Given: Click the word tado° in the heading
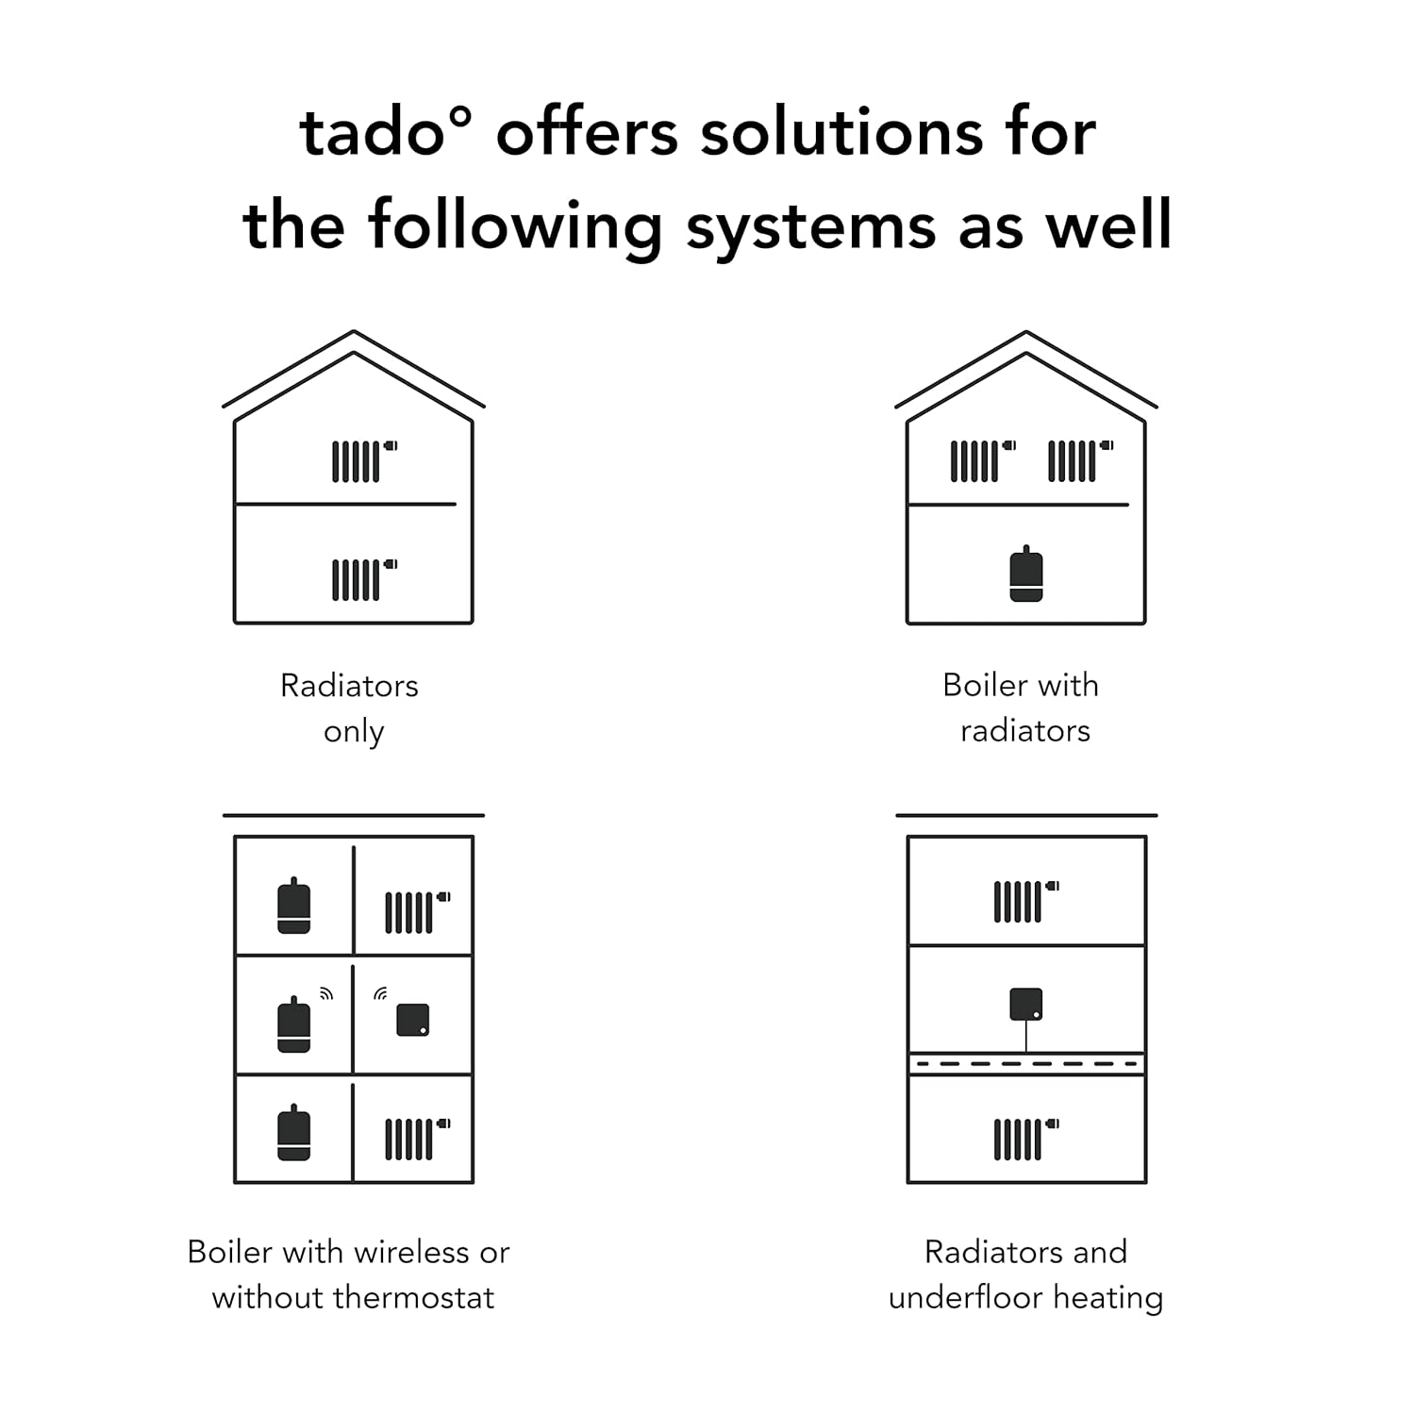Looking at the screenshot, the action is click(385, 131).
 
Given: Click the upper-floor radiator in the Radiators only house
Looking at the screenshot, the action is click(364, 461).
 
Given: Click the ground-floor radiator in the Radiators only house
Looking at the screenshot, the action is click(364, 579).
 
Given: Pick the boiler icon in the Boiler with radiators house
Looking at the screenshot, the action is click(1026, 574).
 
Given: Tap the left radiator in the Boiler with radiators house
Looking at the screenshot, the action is click(983, 461).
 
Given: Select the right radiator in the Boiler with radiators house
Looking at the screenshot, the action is click(1081, 461).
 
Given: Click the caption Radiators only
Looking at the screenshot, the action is click(350, 707).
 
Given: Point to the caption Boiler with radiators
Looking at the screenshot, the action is click(1023, 707).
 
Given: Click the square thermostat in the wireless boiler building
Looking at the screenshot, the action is click(413, 1020).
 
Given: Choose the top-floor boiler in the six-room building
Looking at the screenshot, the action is click(294, 906).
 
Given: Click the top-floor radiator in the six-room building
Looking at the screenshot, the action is click(418, 912).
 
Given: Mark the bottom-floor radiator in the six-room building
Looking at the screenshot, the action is click(418, 1139).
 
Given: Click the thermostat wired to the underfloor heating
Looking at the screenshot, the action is click(1026, 1004).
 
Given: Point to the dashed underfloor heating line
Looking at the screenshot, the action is click(1026, 1064).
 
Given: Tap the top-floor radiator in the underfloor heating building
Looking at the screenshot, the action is click(1026, 902).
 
